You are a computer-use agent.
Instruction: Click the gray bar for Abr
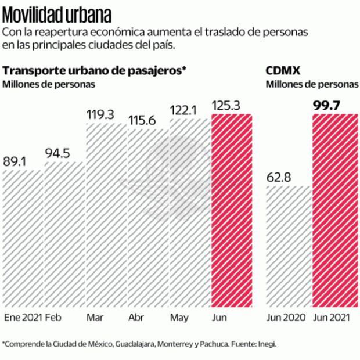pyautogui.click(x=148, y=218)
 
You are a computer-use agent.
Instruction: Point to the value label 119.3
pyautogui.click(x=100, y=114)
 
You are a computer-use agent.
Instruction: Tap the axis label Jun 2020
pyautogui.click(x=285, y=318)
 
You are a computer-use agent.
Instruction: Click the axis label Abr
pyautogui.click(x=136, y=318)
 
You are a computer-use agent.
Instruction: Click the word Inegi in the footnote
pyautogui.click(x=268, y=343)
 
